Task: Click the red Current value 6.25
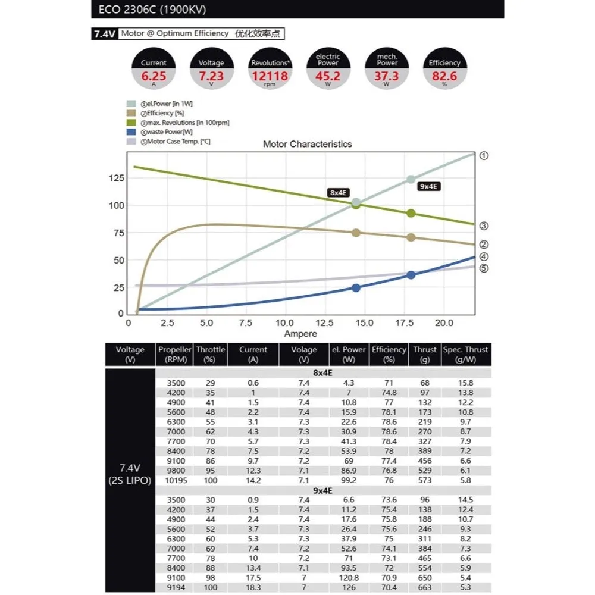(154, 76)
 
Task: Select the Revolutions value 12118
(270, 76)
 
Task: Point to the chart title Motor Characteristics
(307, 144)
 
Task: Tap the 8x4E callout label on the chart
(337, 192)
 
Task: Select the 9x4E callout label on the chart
(428, 186)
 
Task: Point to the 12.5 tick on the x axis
(324, 322)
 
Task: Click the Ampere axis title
(300, 334)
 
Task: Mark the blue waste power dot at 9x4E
(411, 275)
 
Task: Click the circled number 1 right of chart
(484, 155)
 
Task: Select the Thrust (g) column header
(424, 355)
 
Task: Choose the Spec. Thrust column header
(466, 355)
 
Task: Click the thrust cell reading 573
(424, 480)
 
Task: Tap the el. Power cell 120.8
(349, 577)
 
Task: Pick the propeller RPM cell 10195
(171, 480)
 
